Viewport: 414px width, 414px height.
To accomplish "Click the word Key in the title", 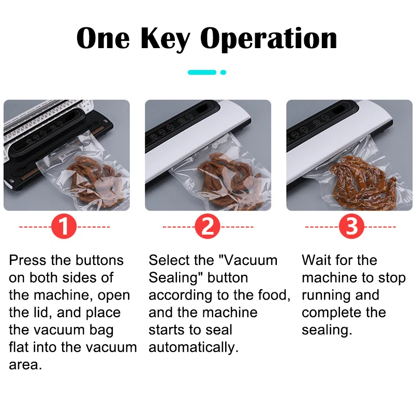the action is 166,39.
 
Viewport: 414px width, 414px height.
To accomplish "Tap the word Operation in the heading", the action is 269,39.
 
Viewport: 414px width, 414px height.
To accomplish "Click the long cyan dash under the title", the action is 202,72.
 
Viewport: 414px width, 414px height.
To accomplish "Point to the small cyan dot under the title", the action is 223,72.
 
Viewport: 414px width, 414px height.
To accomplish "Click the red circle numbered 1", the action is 64,227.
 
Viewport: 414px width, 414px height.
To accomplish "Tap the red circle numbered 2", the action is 208,227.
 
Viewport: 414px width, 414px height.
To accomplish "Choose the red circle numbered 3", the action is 351,227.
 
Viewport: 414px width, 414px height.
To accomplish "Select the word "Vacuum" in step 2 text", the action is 248,260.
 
